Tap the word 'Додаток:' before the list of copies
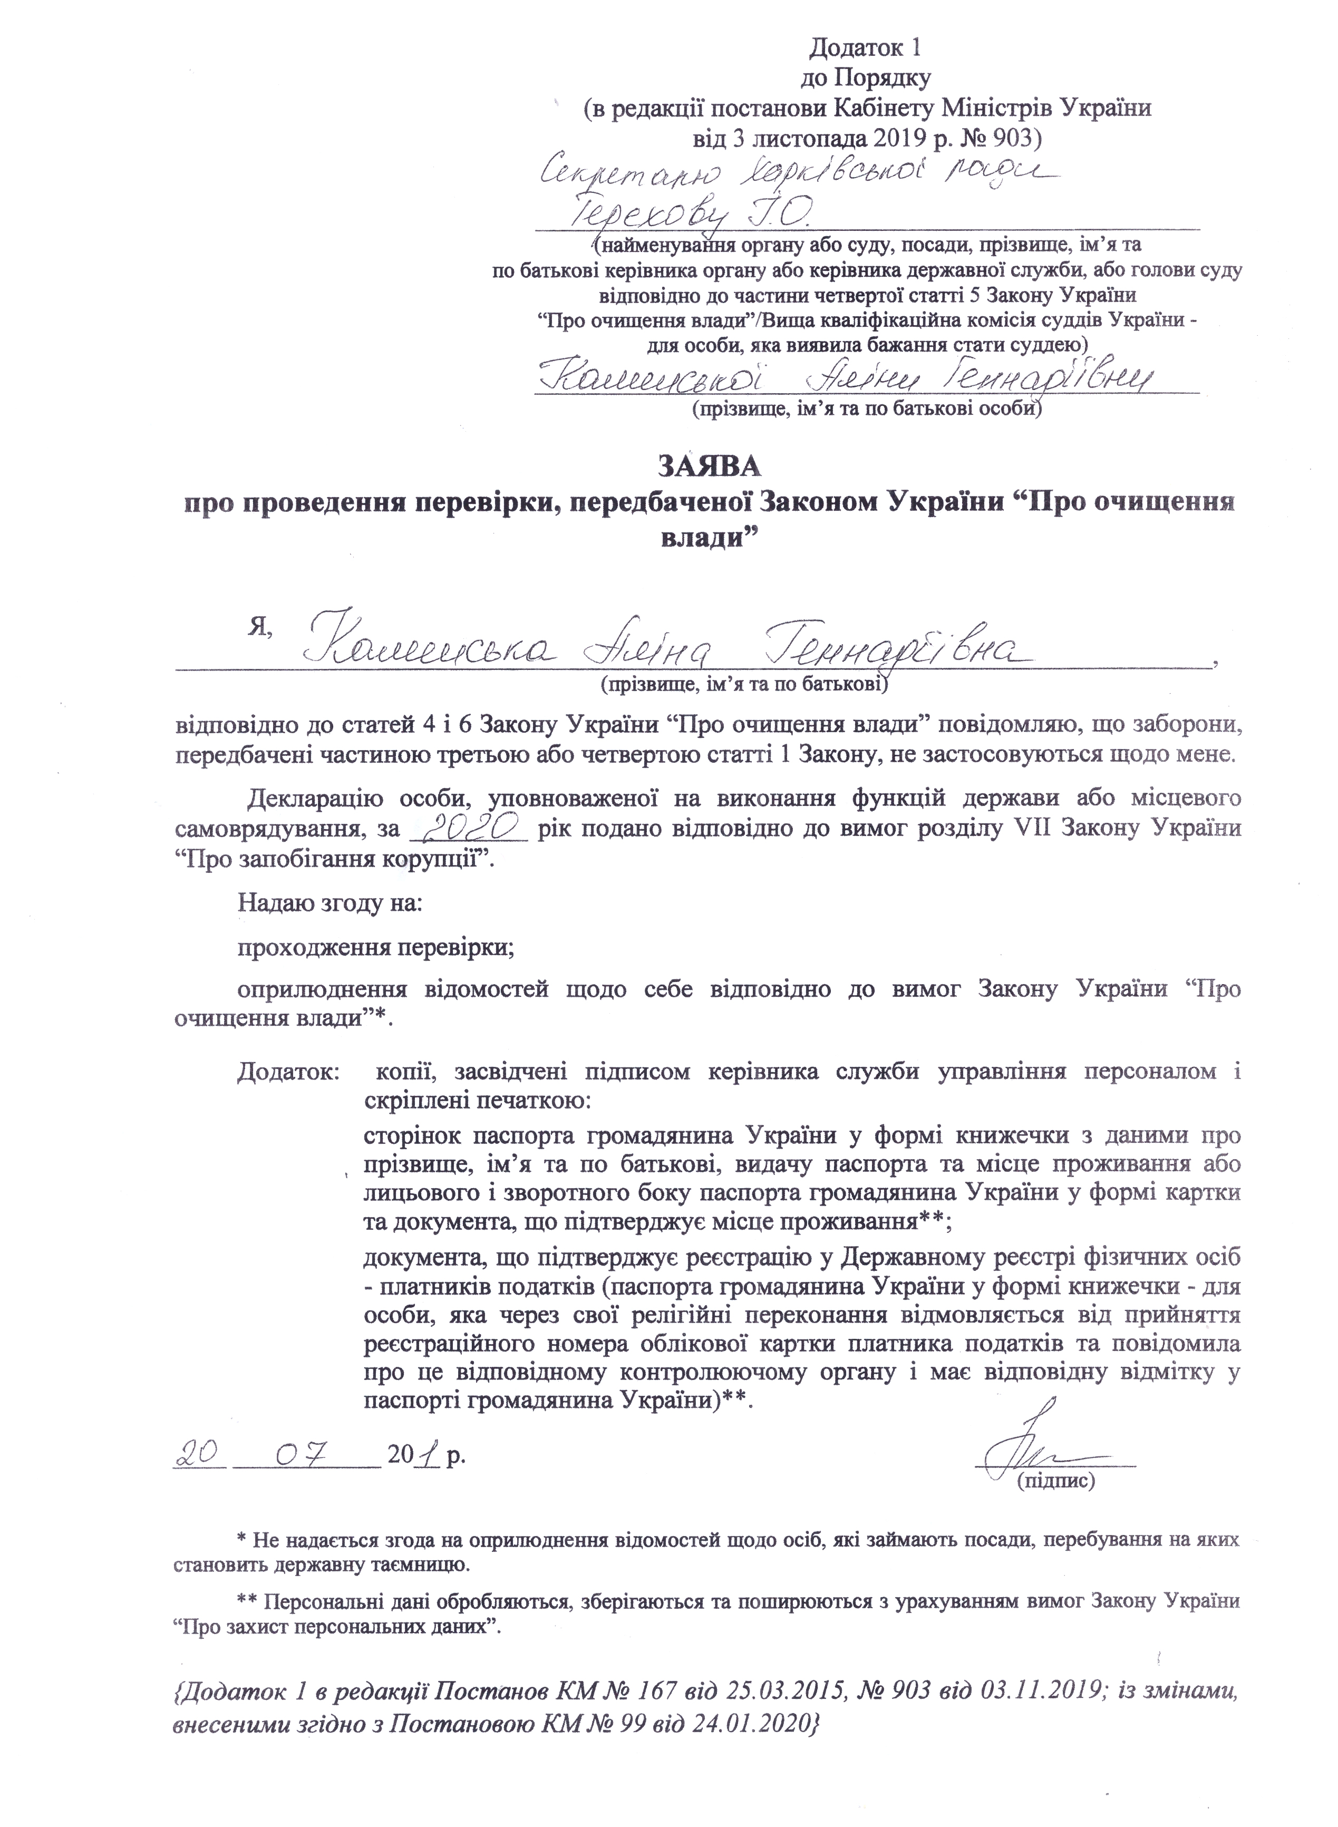pos(287,1072)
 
